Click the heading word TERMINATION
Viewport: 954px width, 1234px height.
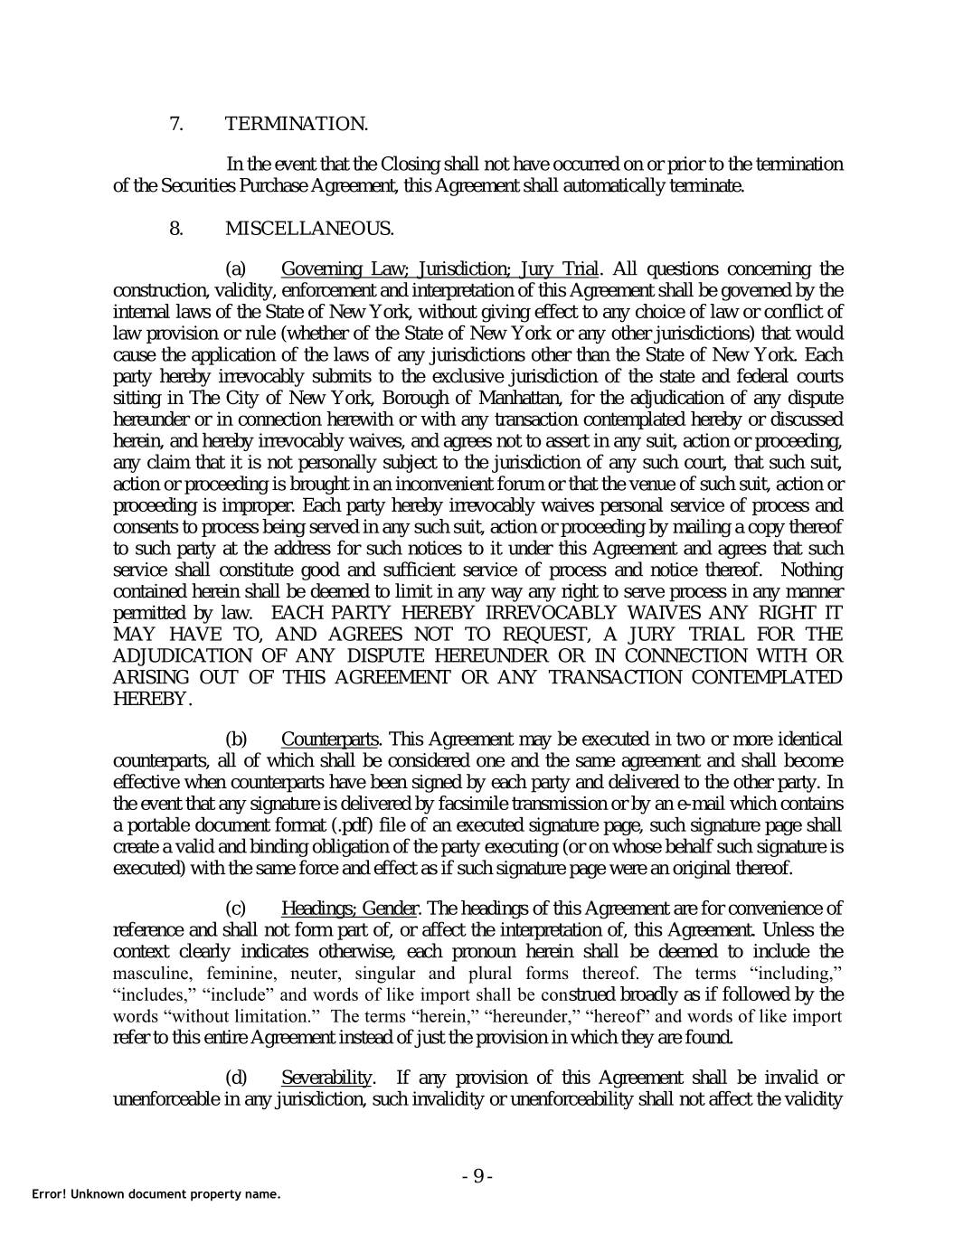(296, 123)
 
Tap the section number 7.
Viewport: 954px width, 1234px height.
(176, 123)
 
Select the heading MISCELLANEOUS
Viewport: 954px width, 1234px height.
(308, 228)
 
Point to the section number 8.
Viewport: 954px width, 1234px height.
(176, 228)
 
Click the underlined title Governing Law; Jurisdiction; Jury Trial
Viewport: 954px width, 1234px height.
(439, 269)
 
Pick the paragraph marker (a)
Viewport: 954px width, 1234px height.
(235, 269)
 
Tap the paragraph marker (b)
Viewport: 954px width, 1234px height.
(235, 739)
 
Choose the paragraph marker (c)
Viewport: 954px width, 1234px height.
(235, 908)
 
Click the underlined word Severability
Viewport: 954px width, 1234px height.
(326, 1078)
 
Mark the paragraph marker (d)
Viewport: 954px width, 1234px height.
(235, 1078)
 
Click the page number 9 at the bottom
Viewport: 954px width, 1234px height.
(477, 1176)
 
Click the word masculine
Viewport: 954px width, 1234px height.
(152, 974)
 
